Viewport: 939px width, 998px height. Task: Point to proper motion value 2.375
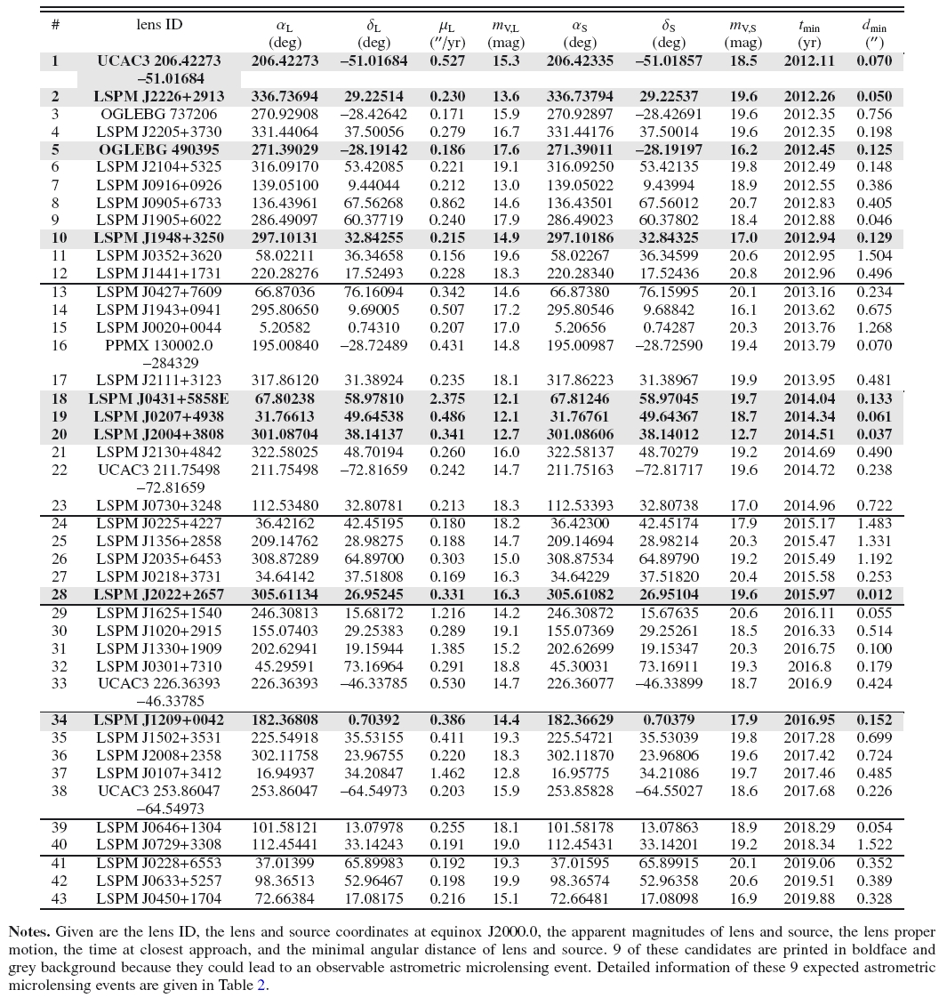coord(442,399)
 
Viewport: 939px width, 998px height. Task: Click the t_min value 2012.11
coord(808,61)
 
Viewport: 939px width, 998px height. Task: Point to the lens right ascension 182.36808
coord(285,720)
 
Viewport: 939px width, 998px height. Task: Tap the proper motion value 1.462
coord(442,773)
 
